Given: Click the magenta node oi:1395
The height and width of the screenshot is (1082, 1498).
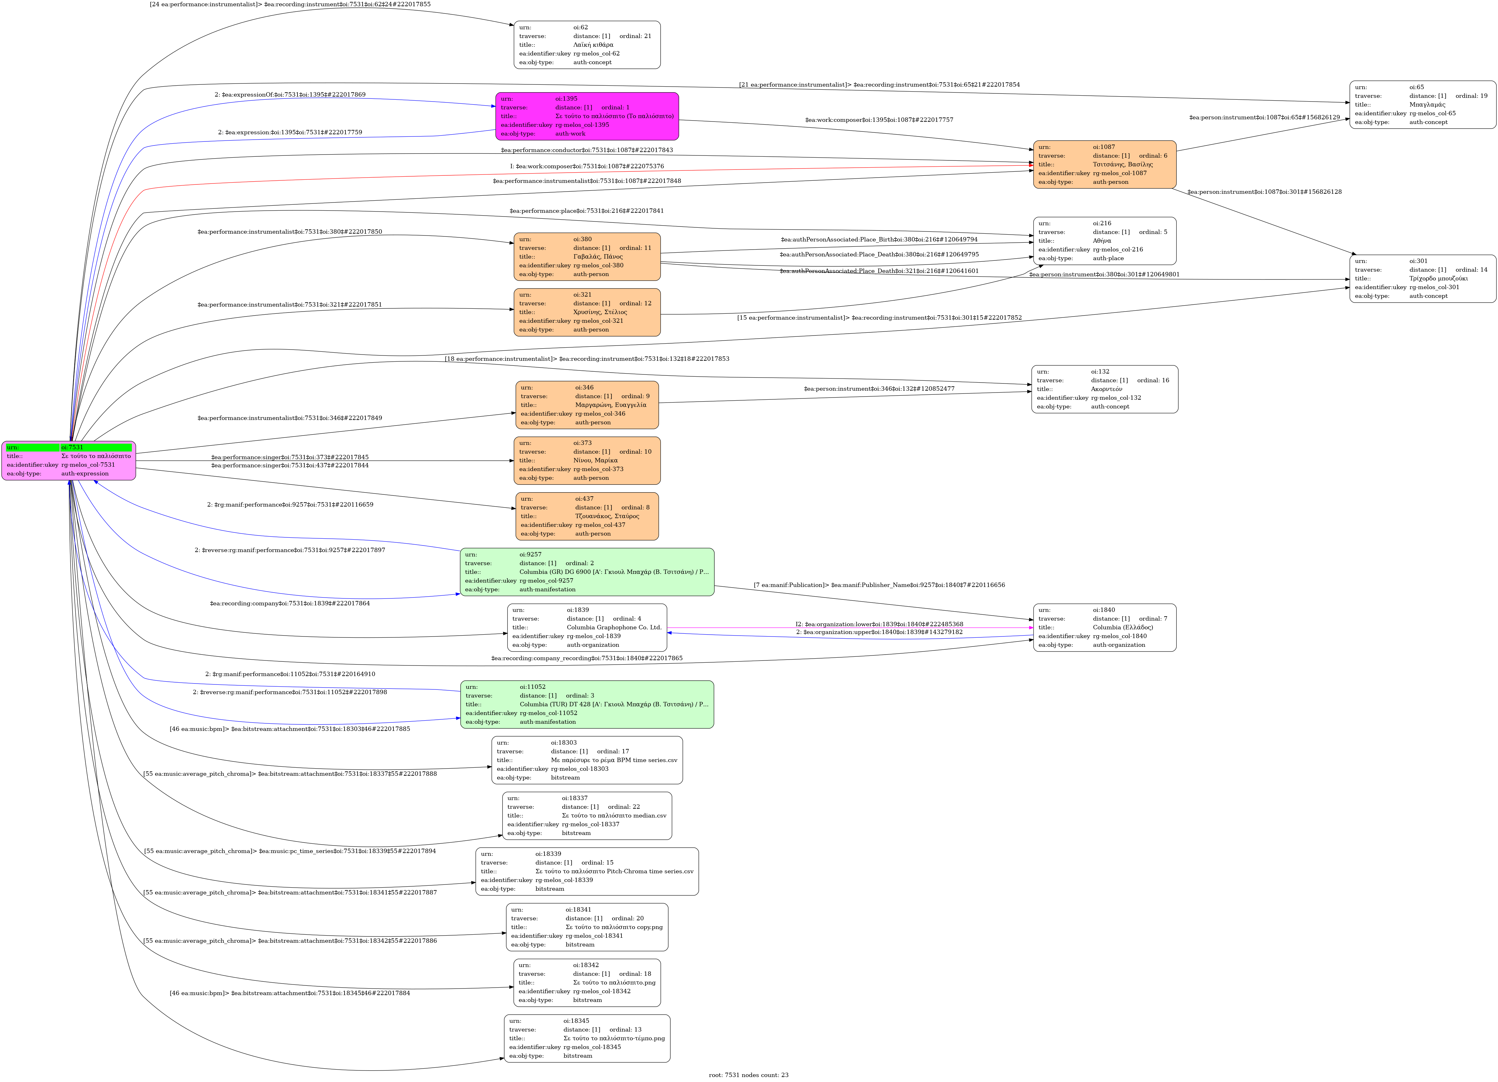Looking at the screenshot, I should pos(587,116).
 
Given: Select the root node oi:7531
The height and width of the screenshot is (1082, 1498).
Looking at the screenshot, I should pos(69,460).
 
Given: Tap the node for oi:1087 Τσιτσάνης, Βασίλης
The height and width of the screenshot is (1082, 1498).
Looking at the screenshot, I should pos(1104,164).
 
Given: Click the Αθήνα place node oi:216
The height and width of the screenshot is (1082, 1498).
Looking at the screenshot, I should pos(1104,241).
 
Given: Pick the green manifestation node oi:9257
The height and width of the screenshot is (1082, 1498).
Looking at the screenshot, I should pos(587,572).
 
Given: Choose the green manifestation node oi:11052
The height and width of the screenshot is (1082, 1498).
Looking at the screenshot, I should pos(587,704).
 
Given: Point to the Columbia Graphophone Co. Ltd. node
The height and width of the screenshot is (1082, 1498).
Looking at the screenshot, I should pos(587,627).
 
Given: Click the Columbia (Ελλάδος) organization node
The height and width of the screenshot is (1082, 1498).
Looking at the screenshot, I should pos(1104,627).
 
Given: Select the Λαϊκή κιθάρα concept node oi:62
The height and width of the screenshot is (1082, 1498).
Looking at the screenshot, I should pos(587,45).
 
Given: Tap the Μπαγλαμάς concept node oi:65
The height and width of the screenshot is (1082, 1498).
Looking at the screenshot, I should pos(1422,104).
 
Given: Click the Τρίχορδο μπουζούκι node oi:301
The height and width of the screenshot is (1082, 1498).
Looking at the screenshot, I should pos(1422,279).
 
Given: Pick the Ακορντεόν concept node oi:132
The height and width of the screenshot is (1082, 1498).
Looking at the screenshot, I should pos(1104,389).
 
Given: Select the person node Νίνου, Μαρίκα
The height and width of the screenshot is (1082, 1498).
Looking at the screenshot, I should pos(587,460).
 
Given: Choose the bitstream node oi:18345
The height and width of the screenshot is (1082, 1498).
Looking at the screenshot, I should pos(587,1038).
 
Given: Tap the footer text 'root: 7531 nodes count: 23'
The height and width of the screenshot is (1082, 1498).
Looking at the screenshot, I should pos(748,1075).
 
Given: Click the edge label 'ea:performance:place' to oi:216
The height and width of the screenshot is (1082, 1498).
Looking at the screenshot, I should pos(587,211).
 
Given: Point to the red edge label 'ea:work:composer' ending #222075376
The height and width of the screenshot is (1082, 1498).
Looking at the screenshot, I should pos(587,166).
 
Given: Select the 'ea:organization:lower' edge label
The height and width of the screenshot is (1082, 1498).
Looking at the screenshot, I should pos(879,624).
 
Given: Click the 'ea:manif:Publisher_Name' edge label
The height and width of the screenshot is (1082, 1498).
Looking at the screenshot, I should pos(879,585).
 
